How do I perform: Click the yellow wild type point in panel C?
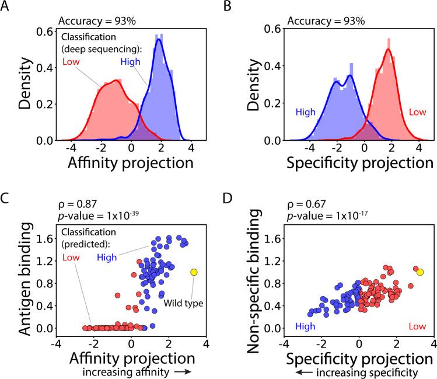[194, 272]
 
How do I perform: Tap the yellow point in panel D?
[420, 272]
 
